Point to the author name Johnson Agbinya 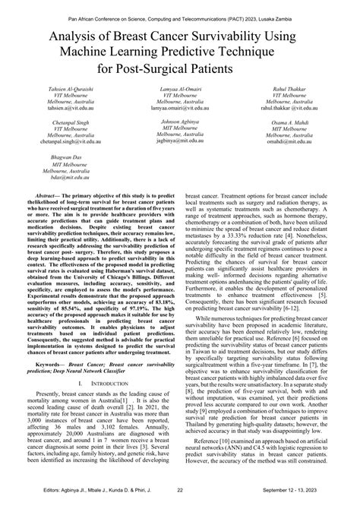point(180,122)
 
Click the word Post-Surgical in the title point(162,67)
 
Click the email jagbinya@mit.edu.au point(180,141)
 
